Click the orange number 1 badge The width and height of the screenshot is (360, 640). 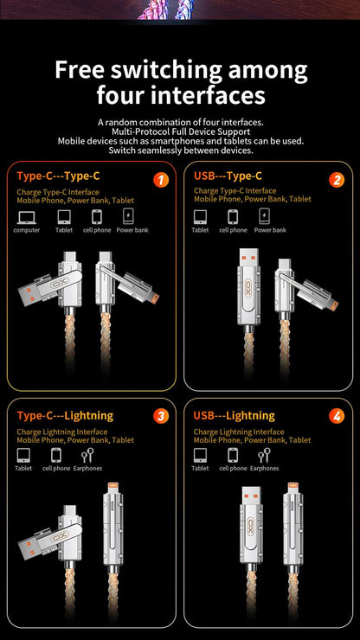(x=160, y=180)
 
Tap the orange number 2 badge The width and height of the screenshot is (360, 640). (x=337, y=180)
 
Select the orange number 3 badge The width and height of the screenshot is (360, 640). (x=160, y=416)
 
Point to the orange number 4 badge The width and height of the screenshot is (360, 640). (x=337, y=416)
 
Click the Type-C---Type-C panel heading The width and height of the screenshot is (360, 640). (x=58, y=176)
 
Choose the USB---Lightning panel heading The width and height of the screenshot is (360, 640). (x=234, y=416)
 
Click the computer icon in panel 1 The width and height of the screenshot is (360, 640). (x=26, y=217)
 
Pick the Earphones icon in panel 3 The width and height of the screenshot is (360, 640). (x=87, y=455)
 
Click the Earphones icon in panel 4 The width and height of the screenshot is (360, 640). (x=263, y=455)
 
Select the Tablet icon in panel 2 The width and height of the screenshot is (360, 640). (x=200, y=217)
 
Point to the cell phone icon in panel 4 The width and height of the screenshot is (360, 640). (x=232, y=455)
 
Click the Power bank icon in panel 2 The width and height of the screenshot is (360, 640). (x=270, y=217)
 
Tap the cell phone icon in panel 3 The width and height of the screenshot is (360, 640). (x=56, y=455)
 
